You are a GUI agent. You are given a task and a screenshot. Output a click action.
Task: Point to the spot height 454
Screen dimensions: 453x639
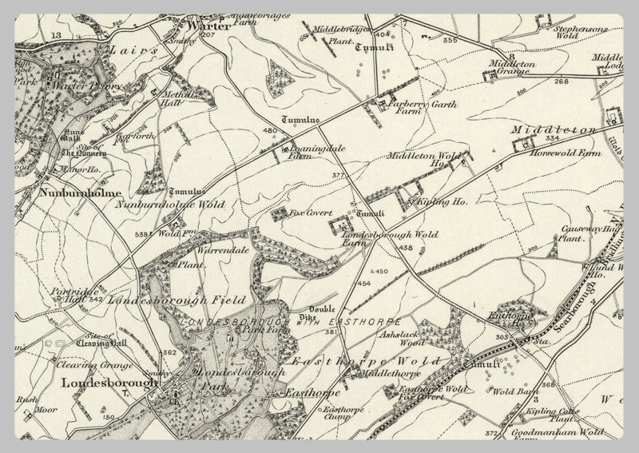click(x=364, y=284)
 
